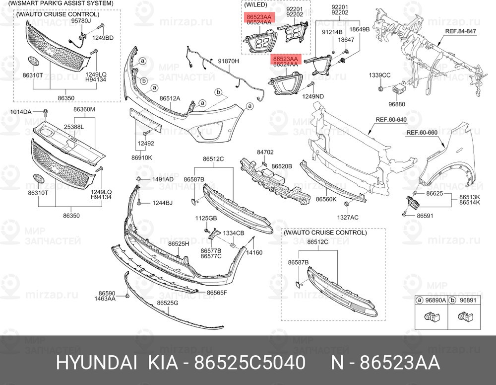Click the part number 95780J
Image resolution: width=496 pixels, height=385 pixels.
[81, 21]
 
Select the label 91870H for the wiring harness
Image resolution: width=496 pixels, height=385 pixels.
[229, 61]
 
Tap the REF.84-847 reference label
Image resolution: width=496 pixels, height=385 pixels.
[461, 31]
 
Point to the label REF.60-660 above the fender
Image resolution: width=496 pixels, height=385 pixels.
[422, 133]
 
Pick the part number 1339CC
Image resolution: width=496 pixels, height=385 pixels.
[379, 76]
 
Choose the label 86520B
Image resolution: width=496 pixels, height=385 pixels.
[282, 166]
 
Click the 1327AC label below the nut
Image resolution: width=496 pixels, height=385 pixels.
[348, 218]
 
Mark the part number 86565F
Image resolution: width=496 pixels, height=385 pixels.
[217, 293]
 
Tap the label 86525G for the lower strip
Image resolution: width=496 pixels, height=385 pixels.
[168, 303]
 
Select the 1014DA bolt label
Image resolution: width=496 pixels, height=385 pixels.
[21, 112]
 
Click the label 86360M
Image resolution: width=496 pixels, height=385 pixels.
[84, 110]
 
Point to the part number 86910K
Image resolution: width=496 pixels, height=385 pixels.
[142, 157]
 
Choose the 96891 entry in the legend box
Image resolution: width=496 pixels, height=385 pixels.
[468, 300]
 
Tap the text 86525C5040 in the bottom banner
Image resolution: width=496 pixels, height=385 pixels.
[250, 363]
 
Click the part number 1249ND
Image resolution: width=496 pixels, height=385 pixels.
[313, 96]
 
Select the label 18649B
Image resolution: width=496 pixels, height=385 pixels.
[359, 29]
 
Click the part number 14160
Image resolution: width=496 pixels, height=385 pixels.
[254, 252]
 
